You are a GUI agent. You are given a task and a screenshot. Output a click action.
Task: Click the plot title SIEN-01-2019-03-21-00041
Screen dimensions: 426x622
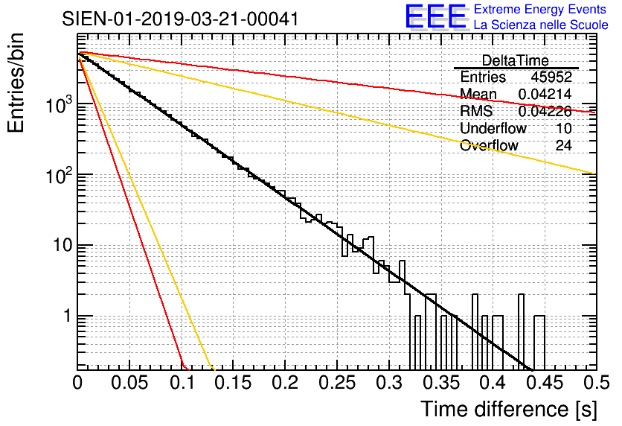181,19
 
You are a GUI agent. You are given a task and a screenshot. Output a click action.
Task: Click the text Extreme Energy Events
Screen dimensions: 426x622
541,10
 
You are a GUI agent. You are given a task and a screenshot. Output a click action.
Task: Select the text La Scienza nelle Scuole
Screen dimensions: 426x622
541,25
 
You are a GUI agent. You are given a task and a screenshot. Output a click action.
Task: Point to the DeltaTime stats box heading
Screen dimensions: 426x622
515,60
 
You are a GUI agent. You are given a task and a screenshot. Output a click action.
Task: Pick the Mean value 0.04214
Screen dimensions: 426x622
545,94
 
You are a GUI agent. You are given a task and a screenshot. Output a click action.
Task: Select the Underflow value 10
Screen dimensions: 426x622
563,128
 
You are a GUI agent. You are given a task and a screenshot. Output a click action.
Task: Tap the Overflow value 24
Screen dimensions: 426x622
563,145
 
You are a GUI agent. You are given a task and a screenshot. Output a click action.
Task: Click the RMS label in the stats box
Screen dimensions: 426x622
476,111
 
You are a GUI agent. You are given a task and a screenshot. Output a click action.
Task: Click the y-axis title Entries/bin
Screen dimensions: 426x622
18,83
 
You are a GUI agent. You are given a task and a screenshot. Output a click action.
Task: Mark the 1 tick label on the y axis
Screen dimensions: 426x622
64,317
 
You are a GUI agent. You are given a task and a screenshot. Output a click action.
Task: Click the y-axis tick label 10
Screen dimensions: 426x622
60,247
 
